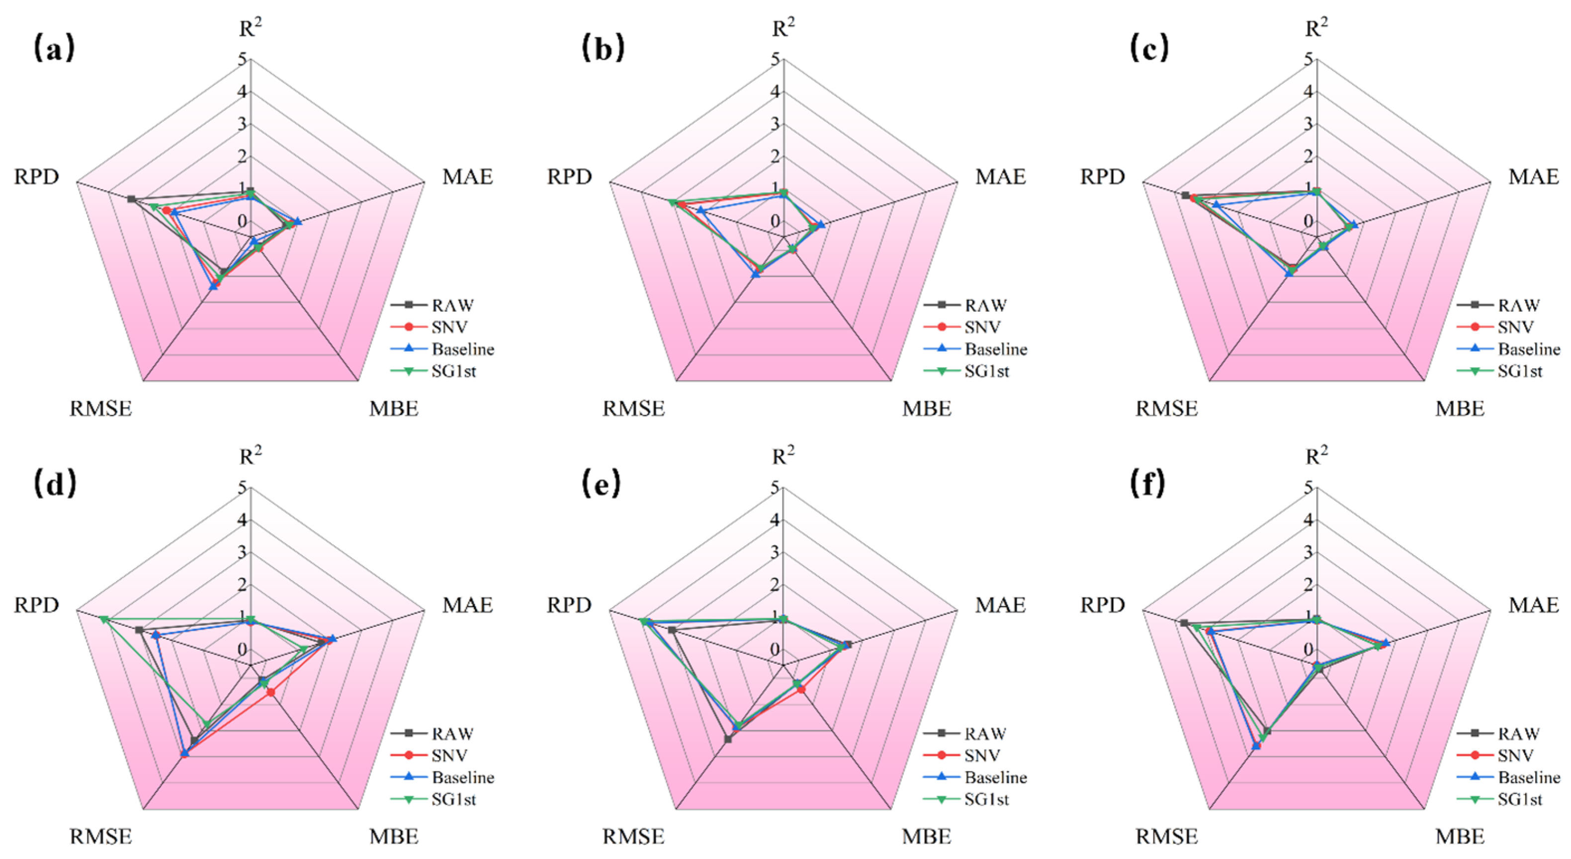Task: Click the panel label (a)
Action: pos(54,48)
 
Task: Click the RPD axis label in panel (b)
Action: pos(569,177)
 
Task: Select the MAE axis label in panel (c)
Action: pos(1533,177)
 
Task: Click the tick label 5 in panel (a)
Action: pos(243,60)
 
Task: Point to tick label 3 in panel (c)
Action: pos(1308,124)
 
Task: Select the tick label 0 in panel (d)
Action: pos(243,650)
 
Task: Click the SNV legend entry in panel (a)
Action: pos(449,328)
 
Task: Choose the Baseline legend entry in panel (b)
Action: pos(995,349)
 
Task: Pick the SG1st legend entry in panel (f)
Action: pos(1519,799)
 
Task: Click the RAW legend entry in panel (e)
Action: pos(985,733)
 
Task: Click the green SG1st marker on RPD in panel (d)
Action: pos(104,619)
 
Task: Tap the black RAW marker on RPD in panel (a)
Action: pos(131,199)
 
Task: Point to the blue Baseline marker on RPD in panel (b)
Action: pos(701,210)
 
